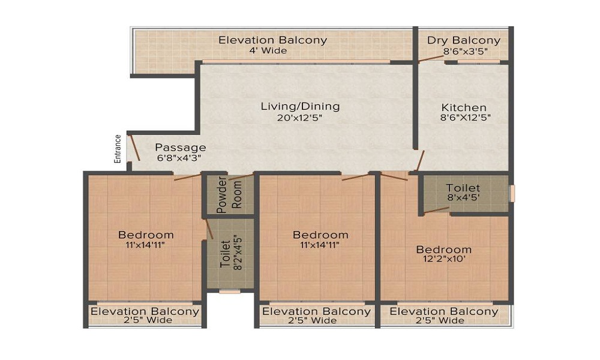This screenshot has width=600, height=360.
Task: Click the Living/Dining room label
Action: [300, 106]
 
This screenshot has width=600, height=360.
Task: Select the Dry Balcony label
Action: [464, 41]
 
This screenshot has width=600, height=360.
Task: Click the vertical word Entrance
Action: [118, 148]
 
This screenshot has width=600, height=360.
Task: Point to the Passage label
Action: [181, 147]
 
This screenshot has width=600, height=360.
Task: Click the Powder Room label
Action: [229, 194]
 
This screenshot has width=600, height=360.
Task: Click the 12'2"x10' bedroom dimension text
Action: [444, 260]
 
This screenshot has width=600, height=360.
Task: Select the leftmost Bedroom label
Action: [146, 235]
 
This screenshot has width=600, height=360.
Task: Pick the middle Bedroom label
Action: [320, 235]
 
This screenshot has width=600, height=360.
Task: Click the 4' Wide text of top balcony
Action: [268, 50]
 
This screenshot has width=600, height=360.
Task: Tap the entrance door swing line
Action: [136, 148]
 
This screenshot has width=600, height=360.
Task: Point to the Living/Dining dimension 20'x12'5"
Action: [300, 118]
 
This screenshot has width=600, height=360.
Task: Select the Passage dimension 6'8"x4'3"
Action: [178, 158]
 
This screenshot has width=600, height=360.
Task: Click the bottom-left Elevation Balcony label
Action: [145, 311]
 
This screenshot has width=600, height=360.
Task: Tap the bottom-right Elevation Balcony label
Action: [444, 311]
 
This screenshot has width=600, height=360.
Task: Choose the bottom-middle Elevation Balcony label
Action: [317, 311]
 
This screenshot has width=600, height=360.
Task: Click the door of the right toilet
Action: [437, 209]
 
